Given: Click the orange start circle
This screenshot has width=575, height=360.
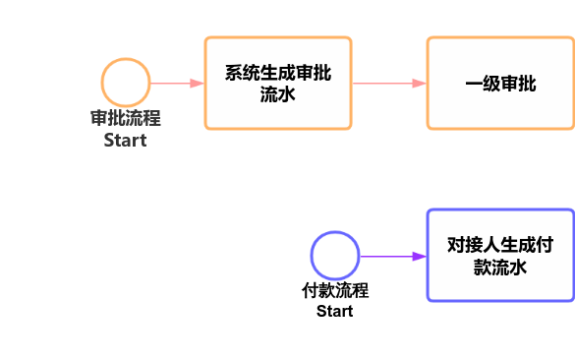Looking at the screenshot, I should tap(126, 83).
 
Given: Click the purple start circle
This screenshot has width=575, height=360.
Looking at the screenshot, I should tap(335, 256).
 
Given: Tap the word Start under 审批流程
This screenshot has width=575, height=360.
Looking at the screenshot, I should tap(126, 140).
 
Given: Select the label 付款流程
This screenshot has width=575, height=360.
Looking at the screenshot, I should tap(335, 291).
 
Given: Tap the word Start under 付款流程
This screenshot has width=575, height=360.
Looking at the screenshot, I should tap(335, 311).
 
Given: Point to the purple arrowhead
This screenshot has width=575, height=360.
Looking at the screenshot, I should tap(419, 256).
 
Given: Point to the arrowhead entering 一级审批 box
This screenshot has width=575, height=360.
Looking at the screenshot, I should tap(420, 84).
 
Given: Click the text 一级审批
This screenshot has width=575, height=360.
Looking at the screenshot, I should tap(500, 84).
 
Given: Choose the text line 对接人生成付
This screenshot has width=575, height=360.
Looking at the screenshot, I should tap(500, 244).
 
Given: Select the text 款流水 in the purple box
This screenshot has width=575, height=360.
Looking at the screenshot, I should tap(500, 267).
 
